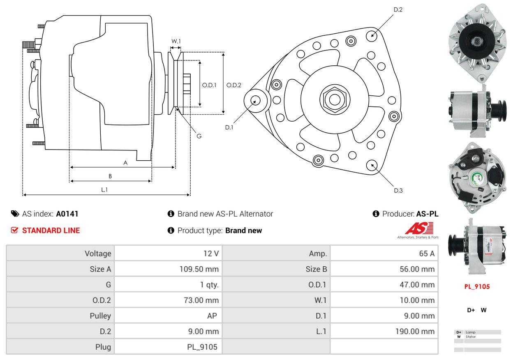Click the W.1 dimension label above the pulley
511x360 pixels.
(176, 41)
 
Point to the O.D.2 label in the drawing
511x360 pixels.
(234, 85)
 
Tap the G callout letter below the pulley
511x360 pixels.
(199, 136)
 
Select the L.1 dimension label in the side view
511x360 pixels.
(104, 189)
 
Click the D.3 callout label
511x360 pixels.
(398, 190)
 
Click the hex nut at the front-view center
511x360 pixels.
(335, 99)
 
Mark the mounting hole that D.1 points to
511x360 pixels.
(256, 101)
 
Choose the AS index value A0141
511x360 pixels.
(67, 214)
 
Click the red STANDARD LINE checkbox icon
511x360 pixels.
(14, 230)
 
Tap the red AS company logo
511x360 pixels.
(419, 228)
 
